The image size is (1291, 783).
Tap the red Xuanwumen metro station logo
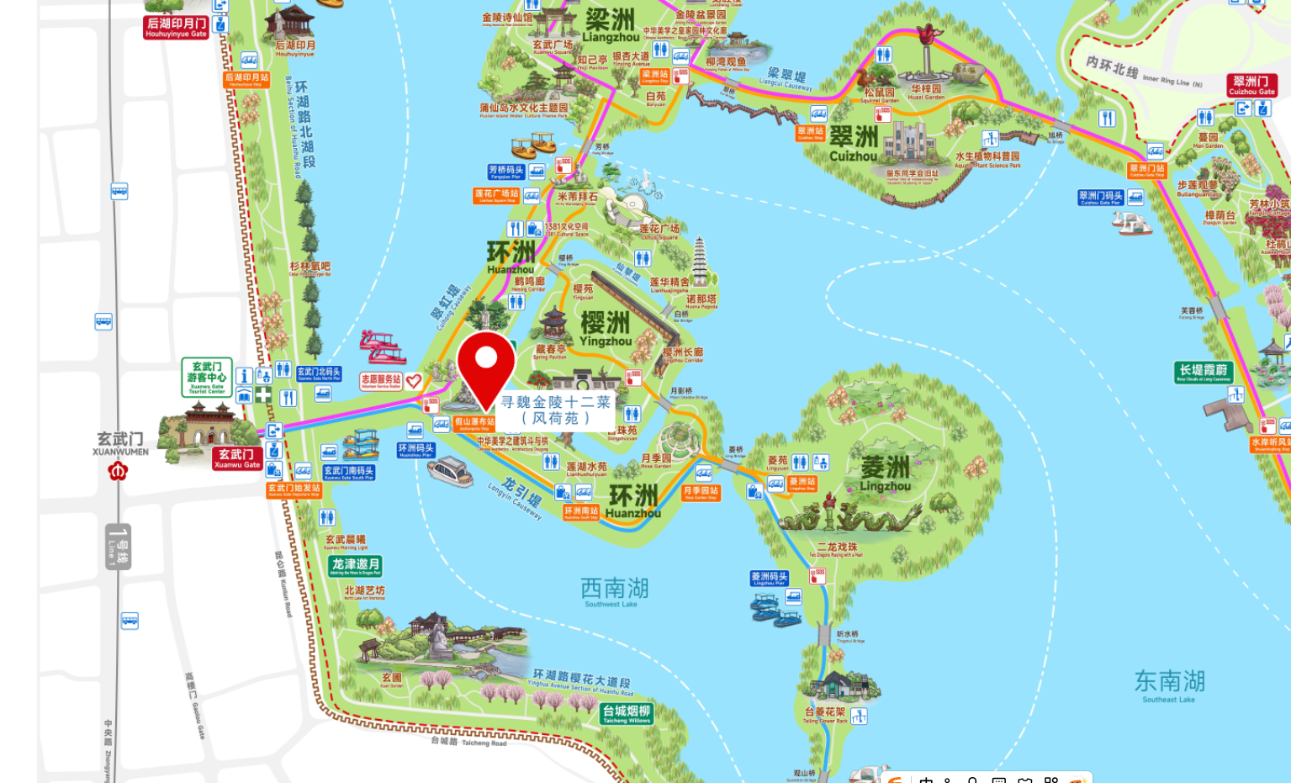point(118,471)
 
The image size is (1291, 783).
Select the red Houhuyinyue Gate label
point(175,28)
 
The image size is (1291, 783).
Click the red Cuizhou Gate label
point(1251,86)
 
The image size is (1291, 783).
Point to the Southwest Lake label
point(614,590)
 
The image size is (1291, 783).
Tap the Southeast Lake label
point(1169,685)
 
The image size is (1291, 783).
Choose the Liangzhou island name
point(611,25)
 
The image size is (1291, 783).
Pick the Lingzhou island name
point(885,474)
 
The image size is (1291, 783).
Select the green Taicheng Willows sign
point(627,714)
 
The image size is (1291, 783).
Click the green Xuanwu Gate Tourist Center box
point(207,377)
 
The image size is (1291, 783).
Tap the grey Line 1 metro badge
point(118,546)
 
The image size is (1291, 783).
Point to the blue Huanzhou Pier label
point(415,450)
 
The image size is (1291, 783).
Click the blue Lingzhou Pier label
point(769,579)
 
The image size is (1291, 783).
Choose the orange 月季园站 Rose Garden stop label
point(701,492)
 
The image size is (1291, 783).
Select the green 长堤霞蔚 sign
point(1203,372)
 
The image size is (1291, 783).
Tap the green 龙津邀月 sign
point(355,565)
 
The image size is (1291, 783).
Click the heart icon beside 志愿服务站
point(413,381)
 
